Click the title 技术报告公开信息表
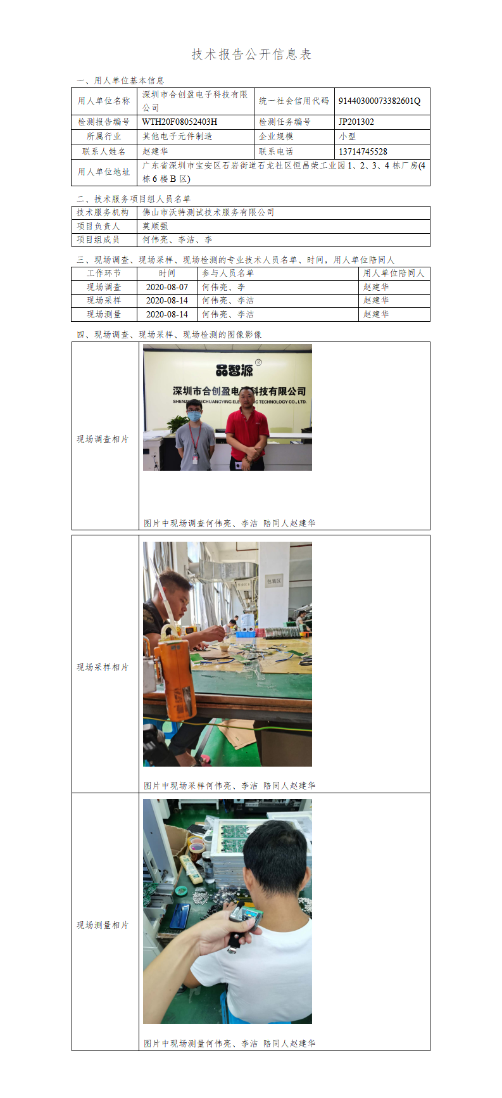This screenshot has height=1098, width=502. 251,54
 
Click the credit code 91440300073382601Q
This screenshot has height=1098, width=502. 379,101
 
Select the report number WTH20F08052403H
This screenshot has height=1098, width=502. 180,122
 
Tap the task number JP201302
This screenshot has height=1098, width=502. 356,122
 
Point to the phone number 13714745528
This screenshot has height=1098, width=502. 363,151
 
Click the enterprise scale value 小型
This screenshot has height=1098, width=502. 348,136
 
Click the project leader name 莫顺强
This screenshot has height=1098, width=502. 155,226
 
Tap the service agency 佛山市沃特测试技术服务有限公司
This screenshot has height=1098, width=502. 208,212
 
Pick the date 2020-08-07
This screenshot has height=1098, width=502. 167,287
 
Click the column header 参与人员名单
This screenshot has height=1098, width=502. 228,273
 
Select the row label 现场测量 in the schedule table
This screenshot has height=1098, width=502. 104,314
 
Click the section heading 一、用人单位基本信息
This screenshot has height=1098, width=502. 120,80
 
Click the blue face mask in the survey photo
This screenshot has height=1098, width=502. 195,416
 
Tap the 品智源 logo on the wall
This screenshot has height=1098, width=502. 235,369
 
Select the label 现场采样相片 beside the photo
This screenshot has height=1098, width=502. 103,667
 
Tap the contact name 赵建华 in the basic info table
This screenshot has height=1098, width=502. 155,151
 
